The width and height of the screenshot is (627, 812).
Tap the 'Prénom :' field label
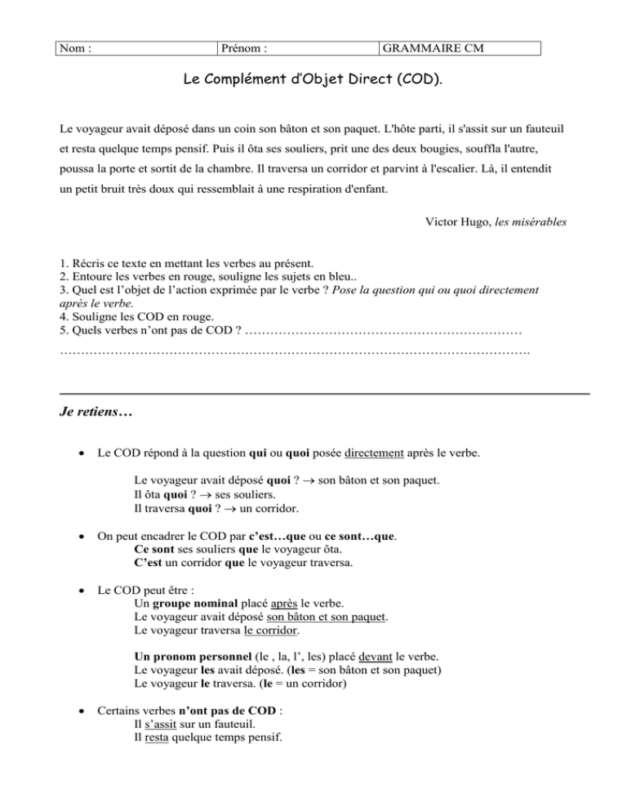click(x=244, y=48)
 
